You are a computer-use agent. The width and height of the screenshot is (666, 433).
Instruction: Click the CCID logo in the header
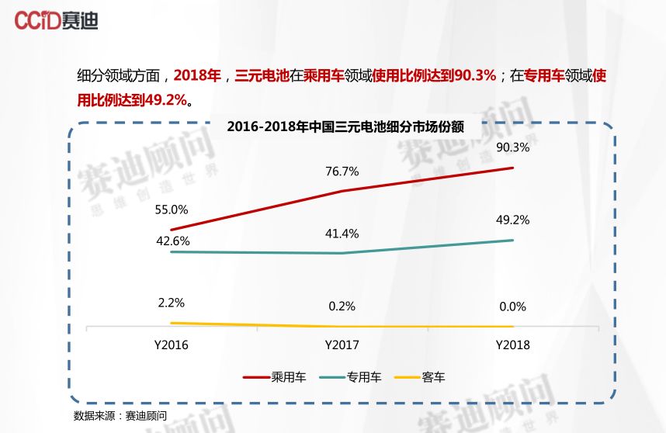pos(57,20)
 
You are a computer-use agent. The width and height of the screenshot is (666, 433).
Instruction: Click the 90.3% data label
pos(512,147)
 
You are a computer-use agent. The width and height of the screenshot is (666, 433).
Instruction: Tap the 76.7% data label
pos(342,171)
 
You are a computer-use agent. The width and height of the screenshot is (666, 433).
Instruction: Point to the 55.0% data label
pos(172,209)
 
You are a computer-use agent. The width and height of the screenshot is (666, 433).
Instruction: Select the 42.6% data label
pos(172,241)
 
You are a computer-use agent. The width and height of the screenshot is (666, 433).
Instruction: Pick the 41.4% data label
pos(342,233)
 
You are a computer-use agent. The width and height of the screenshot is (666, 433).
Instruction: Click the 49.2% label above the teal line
pos(512,220)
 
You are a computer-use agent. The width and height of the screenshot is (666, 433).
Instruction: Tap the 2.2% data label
pos(171,302)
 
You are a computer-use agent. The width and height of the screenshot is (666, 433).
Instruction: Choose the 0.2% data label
pos(342,306)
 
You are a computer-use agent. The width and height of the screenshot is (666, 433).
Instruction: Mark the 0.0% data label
pos(512,307)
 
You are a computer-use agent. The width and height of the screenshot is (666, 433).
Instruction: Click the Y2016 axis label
pos(171,345)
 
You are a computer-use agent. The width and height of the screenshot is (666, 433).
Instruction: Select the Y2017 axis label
pos(342,345)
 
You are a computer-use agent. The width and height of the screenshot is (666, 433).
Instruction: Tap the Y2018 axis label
pos(512,345)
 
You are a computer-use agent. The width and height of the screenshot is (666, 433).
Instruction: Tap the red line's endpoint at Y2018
pos(513,168)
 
